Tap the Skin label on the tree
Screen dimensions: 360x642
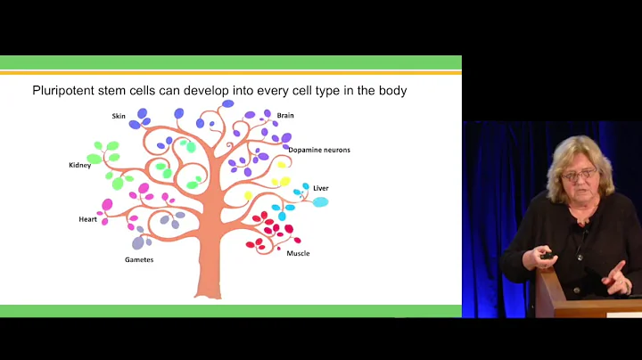click(119, 116)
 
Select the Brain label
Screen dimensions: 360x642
click(285, 115)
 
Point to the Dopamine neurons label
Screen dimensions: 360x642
click(319, 150)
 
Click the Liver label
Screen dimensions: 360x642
click(321, 188)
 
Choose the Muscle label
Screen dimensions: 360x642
click(298, 253)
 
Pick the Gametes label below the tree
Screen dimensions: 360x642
click(139, 260)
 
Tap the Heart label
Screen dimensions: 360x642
click(87, 219)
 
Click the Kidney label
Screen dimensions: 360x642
click(80, 165)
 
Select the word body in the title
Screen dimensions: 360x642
click(391, 91)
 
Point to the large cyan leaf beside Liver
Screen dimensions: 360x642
click(320, 202)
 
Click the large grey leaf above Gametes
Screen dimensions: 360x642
click(138, 242)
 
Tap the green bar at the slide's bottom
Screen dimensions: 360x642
click(231, 310)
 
